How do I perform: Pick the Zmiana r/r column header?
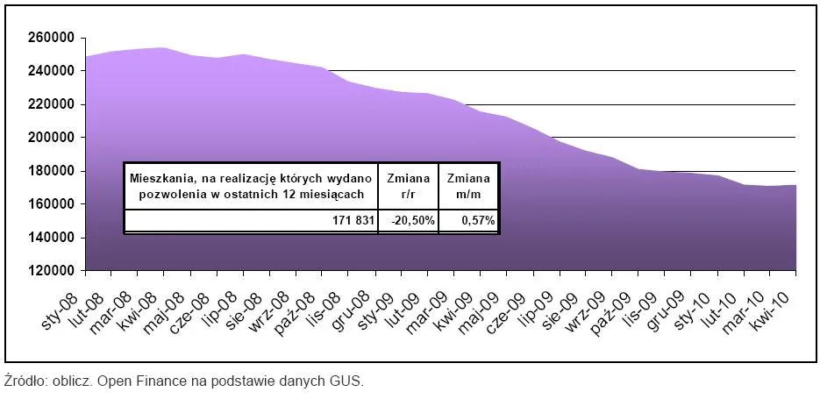(408, 185)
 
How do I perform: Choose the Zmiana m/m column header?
(467, 185)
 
